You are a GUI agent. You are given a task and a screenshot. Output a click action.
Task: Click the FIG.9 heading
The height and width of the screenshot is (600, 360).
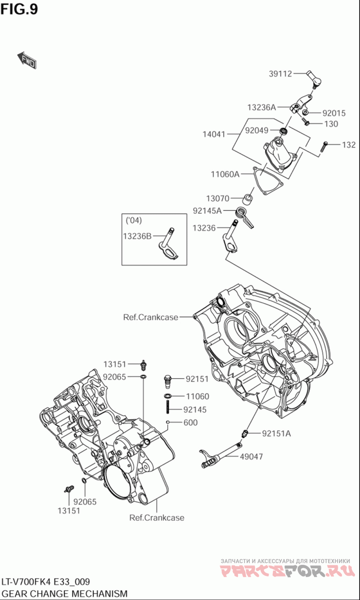tap(19, 9)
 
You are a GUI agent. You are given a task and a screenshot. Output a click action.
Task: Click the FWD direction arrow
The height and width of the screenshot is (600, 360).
tap(27, 60)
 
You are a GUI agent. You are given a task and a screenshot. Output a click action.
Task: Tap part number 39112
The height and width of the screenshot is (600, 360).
tap(280, 74)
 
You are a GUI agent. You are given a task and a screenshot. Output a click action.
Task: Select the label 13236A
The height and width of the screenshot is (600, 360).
tap(261, 108)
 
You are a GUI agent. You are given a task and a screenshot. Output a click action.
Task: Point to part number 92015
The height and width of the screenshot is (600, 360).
tap(334, 113)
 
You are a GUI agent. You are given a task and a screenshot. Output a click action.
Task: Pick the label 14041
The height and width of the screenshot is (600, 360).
tap(214, 134)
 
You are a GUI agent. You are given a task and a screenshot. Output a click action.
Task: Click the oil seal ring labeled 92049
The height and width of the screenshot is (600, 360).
tap(283, 131)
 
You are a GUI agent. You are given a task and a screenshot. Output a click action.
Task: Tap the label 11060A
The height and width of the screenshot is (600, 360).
tap(225, 174)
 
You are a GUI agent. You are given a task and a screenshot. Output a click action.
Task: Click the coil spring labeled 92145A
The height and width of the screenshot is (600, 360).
tap(244, 216)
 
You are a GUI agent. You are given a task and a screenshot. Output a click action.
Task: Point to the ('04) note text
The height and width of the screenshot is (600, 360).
tap(134, 220)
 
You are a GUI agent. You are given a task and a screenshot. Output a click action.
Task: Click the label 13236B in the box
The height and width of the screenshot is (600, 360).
tap(137, 236)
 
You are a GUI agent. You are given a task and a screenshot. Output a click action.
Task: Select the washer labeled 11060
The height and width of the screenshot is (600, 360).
tap(168, 396)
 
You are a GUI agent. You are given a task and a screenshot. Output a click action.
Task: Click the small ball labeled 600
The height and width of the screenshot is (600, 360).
tap(168, 422)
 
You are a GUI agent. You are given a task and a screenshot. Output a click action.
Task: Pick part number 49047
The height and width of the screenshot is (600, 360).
tap(251, 456)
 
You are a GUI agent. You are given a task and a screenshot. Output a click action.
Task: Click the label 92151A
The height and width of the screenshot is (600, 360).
tap(276, 433)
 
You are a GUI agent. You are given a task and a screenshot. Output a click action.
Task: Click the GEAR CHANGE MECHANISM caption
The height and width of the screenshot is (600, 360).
tap(64, 594)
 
